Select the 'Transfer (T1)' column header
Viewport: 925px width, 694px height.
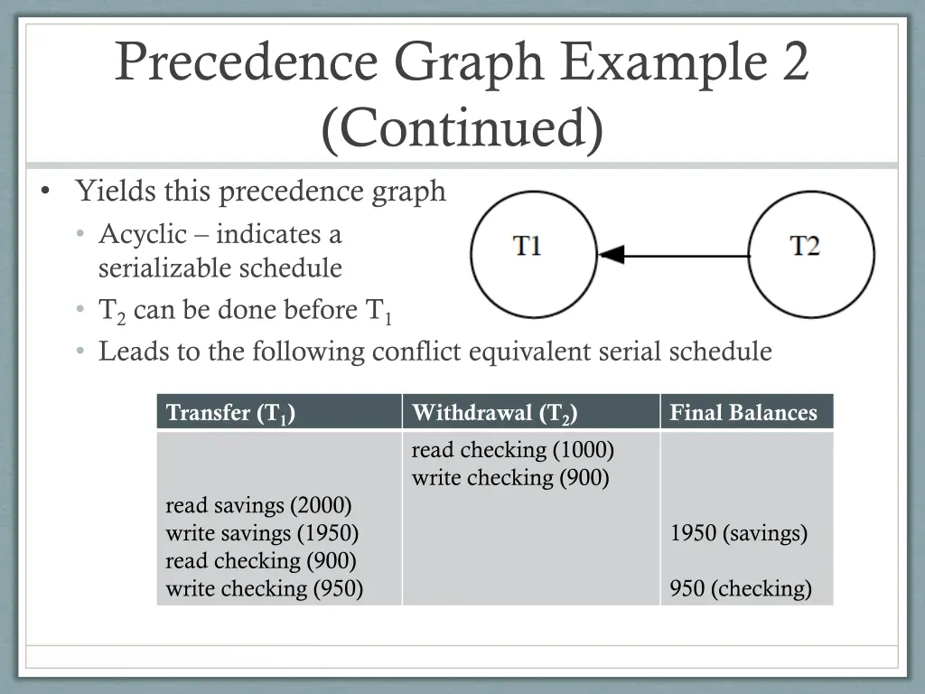click(x=231, y=413)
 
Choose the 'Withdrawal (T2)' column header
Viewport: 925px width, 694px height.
click(x=494, y=413)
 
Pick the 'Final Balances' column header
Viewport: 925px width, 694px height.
click(x=743, y=413)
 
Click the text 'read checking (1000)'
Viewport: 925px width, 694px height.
click(x=512, y=449)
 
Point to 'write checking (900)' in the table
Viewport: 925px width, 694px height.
click(x=510, y=477)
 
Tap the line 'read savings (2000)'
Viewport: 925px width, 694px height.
click(x=258, y=505)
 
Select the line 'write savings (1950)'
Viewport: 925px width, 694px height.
click(x=262, y=533)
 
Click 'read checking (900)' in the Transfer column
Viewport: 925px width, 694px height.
click(x=260, y=561)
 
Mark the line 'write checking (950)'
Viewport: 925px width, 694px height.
click(x=264, y=589)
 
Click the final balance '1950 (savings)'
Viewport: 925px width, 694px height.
click(x=738, y=533)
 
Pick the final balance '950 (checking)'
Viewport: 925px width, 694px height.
click(x=741, y=589)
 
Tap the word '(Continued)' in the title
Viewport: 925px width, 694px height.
click(x=462, y=128)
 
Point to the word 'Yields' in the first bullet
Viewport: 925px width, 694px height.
click(x=113, y=192)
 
